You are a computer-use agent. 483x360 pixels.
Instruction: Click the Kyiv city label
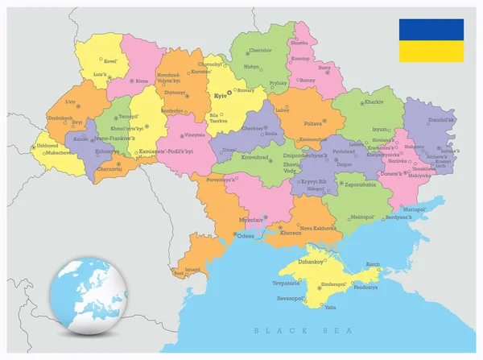tap(219, 96)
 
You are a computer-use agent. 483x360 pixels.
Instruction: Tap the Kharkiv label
tap(374, 103)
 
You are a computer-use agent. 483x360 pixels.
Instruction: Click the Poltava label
tap(312, 123)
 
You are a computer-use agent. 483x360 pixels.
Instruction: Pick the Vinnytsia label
tap(195, 134)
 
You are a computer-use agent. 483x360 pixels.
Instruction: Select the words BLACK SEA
tap(303, 330)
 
